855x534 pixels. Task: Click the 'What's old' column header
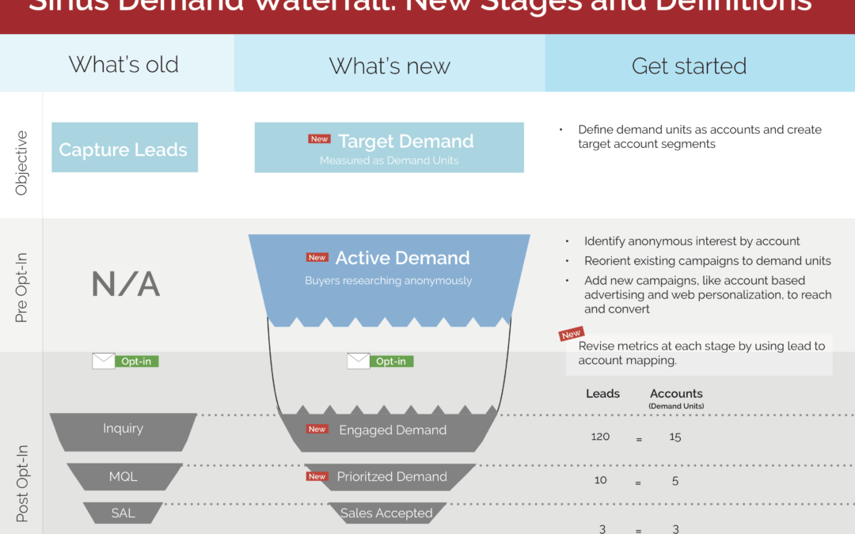click(x=123, y=65)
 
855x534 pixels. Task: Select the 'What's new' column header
click(x=389, y=66)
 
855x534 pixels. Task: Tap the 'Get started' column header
click(x=689, y=66)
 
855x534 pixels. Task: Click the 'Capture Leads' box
click(x=123, y=150)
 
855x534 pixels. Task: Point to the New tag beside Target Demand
click(x=319, y=139)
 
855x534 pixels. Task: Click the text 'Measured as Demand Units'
click(x=388, y=161)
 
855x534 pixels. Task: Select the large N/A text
click(x=125, y=284)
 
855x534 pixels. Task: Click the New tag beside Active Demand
click(x=317, y=257)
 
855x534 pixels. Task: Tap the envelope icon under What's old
click(x=104, y=361)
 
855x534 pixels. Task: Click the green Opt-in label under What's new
click(x=391, y=361)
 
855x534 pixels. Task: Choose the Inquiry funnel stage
click(x=123, y=429)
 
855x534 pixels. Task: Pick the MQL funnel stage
click(x=123, y=476)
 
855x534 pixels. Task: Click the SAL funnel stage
click(x=123, y=513)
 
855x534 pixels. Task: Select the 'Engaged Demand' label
click(x=393, y=430)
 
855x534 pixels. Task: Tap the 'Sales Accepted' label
click(x=386, y=513)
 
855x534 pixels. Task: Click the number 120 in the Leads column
click(x=600, y=437)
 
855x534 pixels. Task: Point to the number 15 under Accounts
click(x=675, y=437)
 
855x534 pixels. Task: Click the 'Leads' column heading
click(x=602, y=393)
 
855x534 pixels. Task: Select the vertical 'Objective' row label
click(x=21, y=162)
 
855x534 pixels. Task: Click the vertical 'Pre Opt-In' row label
click(x=21, y=286)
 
